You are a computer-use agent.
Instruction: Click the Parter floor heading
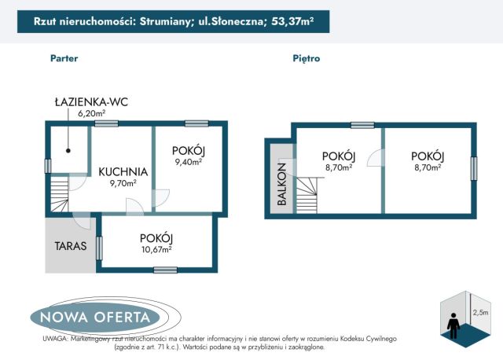coord(64,58)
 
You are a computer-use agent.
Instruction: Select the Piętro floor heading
coord(306,58)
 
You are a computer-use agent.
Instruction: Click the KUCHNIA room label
coord(123,171)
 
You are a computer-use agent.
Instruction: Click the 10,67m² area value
coord(156,250)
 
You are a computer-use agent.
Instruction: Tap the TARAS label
coord(70,245)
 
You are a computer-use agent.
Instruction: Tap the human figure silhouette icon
coord(453,323)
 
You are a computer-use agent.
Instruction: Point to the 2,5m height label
coord(479,312)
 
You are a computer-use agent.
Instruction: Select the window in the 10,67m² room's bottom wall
coord(165,270)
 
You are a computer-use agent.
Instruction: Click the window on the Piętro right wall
coord(474,169)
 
